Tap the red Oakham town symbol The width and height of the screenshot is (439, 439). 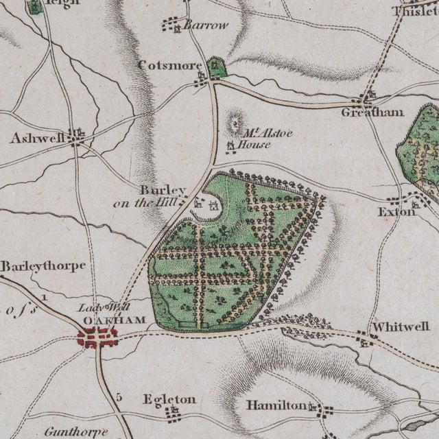pos(98,337)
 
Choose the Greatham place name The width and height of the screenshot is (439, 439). pos(372,112)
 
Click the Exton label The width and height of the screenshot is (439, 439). pos(396,212)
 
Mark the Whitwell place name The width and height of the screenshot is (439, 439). pos(394,327)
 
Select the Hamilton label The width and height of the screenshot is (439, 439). pos(276,405)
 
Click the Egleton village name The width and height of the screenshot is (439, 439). pos(169,399)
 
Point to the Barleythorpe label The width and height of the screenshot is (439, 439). pos(43,265)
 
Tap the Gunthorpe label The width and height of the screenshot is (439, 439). pos(76,431)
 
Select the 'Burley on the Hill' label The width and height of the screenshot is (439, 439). pos(155,195)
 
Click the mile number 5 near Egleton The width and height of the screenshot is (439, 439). pos(119,396)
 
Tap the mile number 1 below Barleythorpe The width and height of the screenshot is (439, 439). pos(44,297)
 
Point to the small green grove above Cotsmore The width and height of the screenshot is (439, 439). pos(217,67)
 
